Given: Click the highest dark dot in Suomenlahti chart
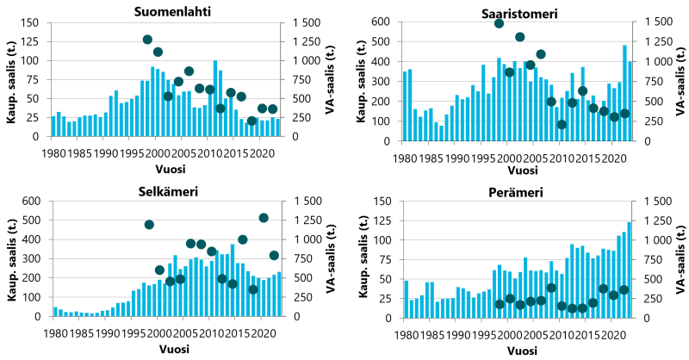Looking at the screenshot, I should [147, 40].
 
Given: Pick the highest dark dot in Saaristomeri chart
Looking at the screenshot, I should [499, 23].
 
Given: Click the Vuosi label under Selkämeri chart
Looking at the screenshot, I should [168, 348].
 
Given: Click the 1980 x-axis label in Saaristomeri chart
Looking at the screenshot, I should [404, 160].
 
